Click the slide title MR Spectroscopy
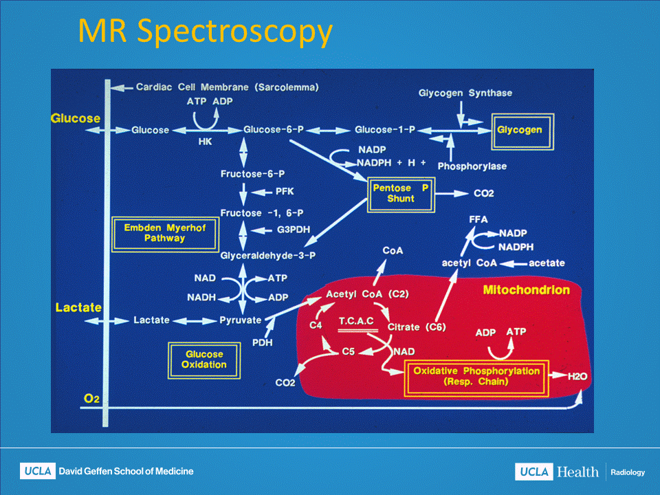click(x=205, y=31)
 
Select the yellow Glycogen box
click(x=520, y=130)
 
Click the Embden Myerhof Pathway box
click(x=164, y=232)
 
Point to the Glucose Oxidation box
click(x=204, y=360)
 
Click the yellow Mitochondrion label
click(x=526, y=290)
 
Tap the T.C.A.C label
click(x=356, y=321)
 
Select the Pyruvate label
click(x=241, y=320)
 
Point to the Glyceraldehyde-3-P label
click(x=263, y=255)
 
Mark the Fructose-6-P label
click(x=252, y=174)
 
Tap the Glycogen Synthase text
click(x=465, y=93)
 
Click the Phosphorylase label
click(x=472, y=166)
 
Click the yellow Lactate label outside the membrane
click(x=78, y=307)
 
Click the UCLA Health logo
click(x=555, y=472)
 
